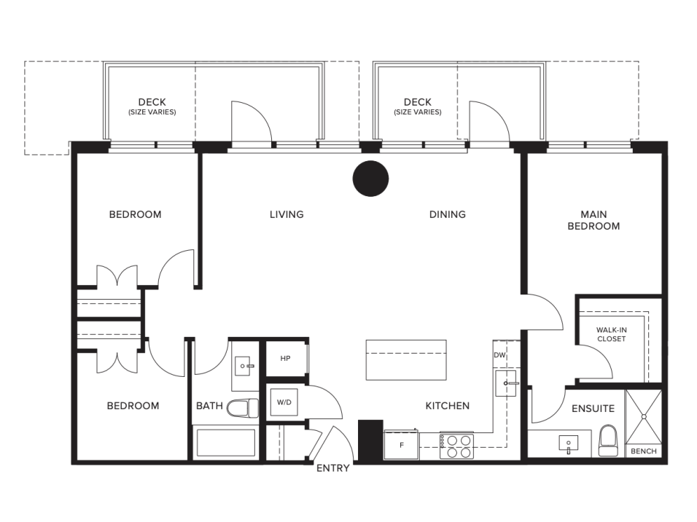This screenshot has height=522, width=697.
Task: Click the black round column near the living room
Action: (x=370, y=179)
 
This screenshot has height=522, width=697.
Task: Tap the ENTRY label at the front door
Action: (x=332, y=468)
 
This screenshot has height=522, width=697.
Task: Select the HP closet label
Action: (x=285, y=359)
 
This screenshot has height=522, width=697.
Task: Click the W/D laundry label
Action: (x=284, y=402)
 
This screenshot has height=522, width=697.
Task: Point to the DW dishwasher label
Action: (x=499, y=355)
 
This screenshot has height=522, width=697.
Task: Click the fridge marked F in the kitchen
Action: (x=402, y=445)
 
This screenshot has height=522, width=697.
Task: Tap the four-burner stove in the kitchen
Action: (x=457, y=446)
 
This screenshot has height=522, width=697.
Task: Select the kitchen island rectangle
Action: (x=406, y=360)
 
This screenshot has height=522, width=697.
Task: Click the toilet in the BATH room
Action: (x=243, y=408)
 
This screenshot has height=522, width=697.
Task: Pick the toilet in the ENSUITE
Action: (x=607, y=440)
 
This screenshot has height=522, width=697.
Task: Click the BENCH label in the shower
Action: (x=644, y=451)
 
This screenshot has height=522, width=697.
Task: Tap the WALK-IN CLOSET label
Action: (x=612, y=335)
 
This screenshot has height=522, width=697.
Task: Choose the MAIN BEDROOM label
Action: (x=594, y=221)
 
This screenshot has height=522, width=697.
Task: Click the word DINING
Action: (x=448, y=215)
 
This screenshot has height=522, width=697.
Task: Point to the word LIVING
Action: (x=287, y=215)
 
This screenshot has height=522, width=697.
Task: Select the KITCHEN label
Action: (x=448, y=406)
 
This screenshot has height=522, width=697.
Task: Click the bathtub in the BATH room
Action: (x=226, y=442)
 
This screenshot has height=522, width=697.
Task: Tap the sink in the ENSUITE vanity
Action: (x=569, y=444)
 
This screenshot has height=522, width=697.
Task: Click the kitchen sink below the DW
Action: (x=506, y=383)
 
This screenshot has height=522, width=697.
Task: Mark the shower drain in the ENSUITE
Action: (x=643, y=416)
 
